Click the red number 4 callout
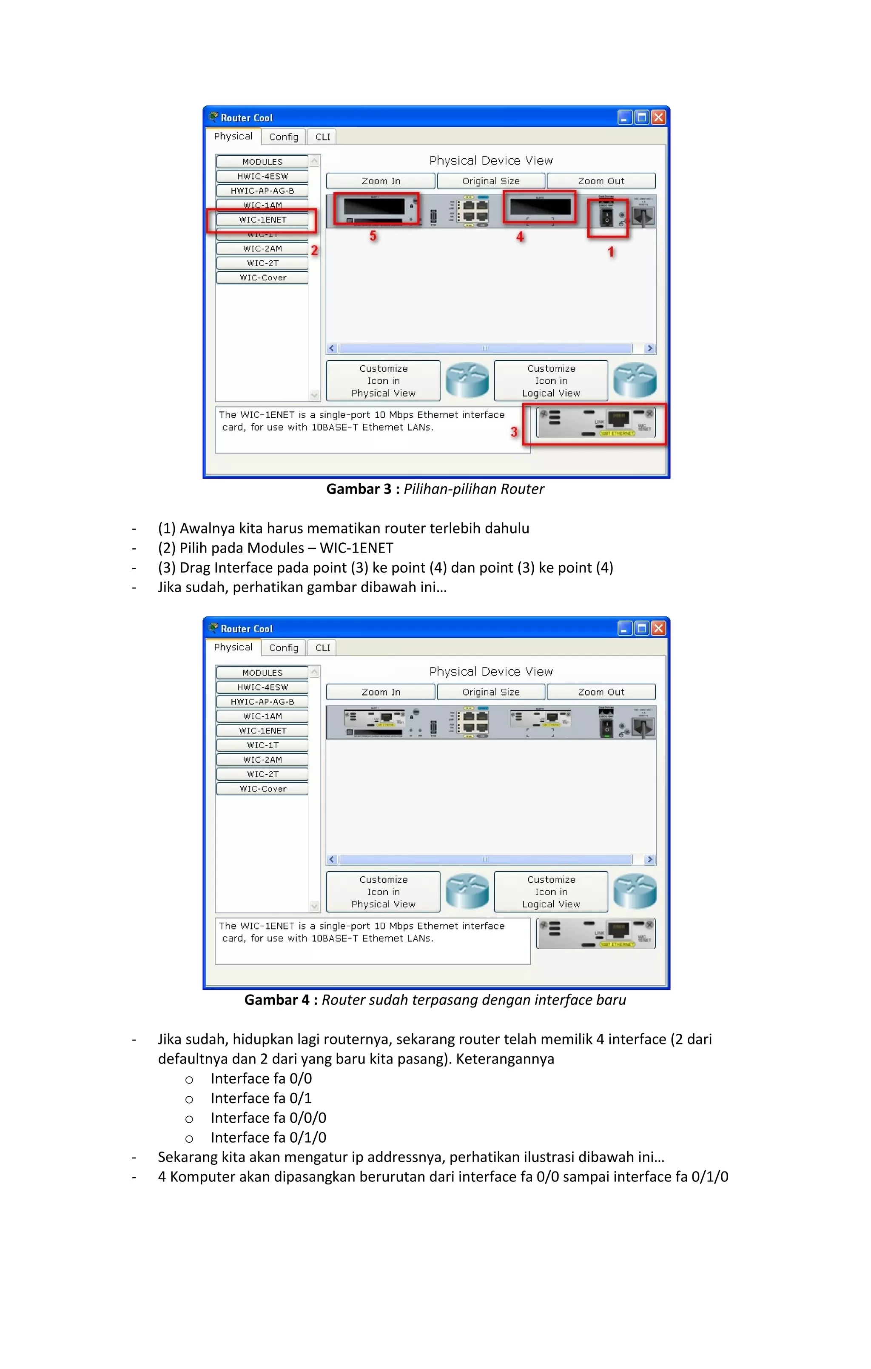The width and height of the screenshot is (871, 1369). [x=520, y=237]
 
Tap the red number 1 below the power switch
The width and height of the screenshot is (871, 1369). [x=611, y=252]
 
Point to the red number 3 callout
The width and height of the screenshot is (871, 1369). [x=514, y=432]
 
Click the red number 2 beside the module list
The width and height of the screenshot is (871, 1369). [x=314, y=250]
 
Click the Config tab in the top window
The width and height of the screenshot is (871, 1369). [x=283, y=137]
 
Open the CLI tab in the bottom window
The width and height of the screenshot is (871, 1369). [x=322, y=648]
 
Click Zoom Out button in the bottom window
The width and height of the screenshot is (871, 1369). [x=601, y=692]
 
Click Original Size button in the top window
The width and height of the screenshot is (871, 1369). [x=491, y=181]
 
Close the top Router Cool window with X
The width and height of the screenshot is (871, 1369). [x=658, y=118]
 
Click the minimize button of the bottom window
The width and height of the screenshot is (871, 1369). [x=624, y=629]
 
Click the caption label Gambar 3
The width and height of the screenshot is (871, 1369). [x=359, y=489]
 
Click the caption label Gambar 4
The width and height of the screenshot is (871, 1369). [x=277, y=1000]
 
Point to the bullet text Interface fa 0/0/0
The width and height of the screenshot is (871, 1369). [x=268, y=1118]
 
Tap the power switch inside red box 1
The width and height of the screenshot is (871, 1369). [x=606, y=217]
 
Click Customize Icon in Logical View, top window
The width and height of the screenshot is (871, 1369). [x=550, y=381]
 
